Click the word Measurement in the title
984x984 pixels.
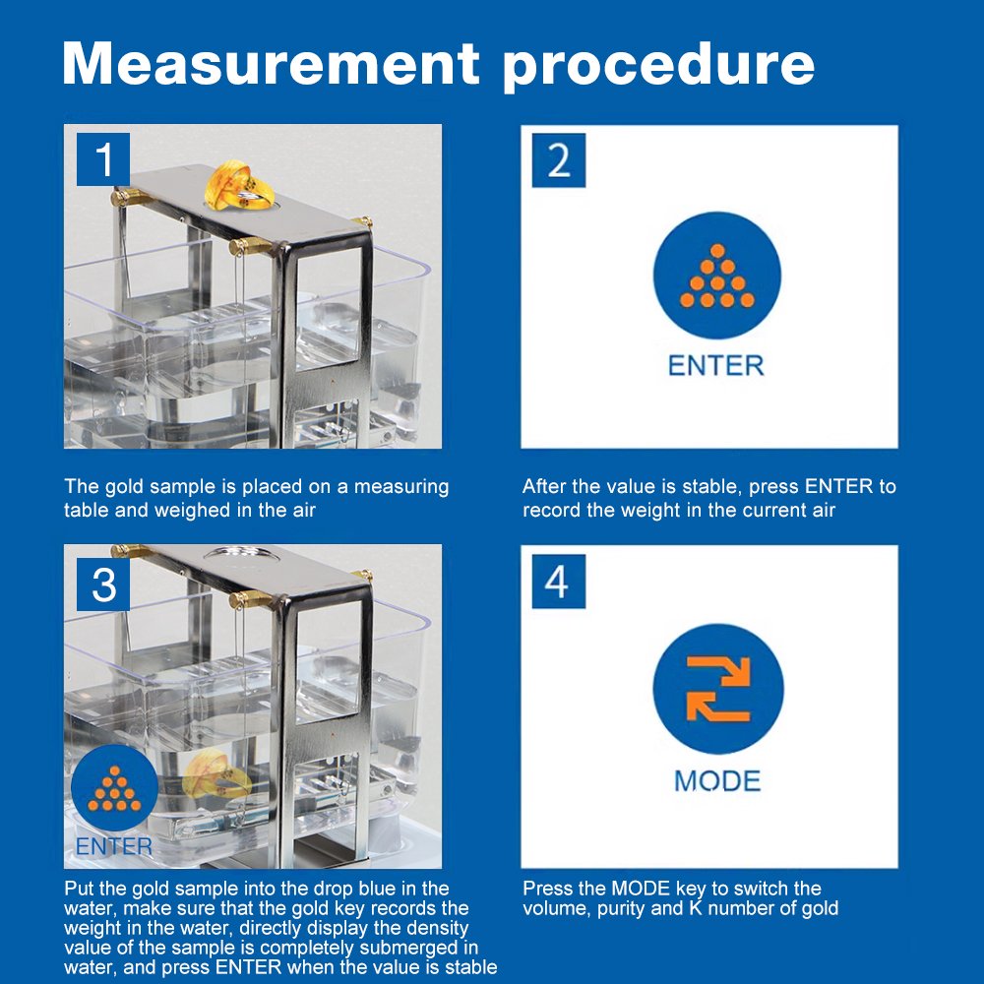click(272, 63)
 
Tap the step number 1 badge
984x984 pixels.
click(103, 159)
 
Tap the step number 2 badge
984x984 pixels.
click(559, 160)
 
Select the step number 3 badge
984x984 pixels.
click(103, 584)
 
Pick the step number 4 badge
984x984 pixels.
click(559, 582)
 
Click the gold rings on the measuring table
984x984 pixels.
click(239, 185)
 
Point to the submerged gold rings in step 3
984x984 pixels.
click(216, 778)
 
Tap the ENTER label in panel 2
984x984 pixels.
click(716, 366)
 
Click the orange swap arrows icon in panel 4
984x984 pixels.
click(718, 689)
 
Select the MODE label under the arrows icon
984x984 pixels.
click(717, 781)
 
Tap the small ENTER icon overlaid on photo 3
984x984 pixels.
click(114, 788)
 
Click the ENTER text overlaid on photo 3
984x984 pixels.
click(113, 846)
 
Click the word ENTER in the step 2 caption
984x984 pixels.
click(838, 486)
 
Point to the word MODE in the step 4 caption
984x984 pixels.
click(641, 889)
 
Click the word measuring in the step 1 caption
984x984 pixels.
click(401, 488)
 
